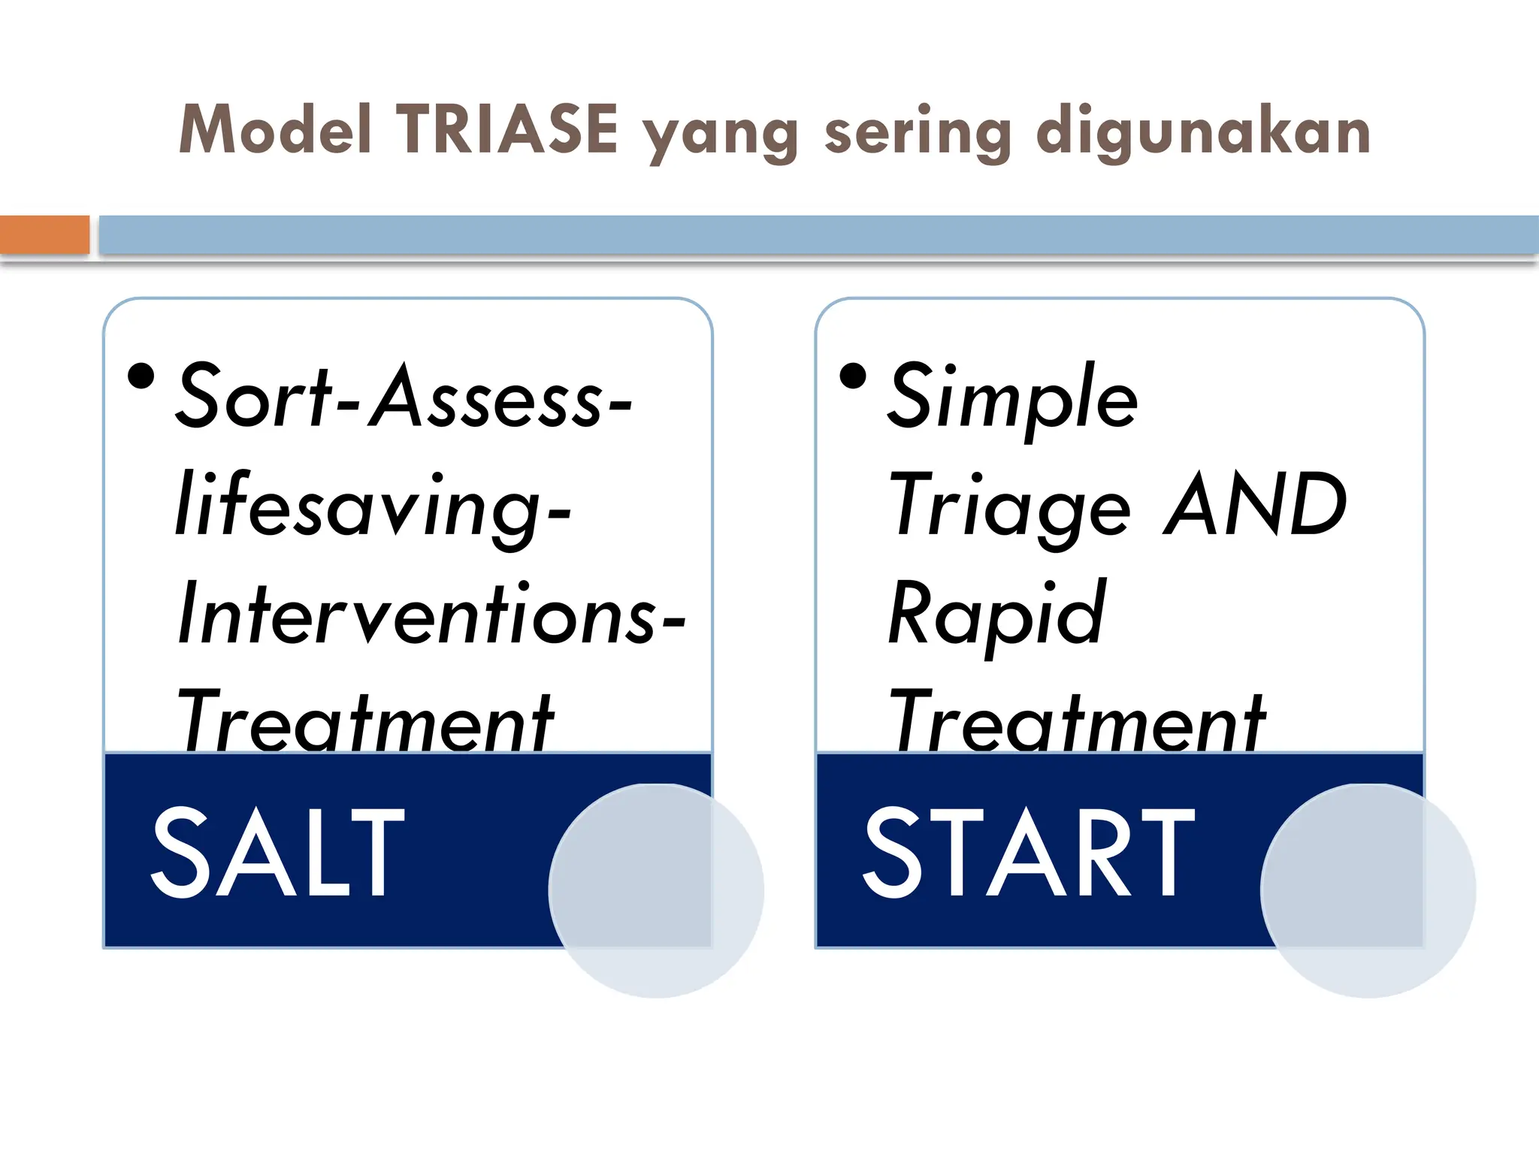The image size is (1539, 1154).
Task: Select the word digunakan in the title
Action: [1203, 134]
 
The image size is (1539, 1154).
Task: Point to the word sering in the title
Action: [918, 134]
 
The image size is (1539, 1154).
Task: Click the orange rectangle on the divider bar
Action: [44, 234]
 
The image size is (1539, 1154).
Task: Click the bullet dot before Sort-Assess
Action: [141, 376]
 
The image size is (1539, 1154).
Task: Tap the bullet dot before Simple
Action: [853, 376]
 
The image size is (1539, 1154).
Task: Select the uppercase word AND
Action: [1256, 505]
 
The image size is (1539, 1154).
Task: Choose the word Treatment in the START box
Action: [1077, 721]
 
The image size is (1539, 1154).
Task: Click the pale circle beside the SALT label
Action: [656, 890]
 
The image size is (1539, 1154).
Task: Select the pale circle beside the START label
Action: [1368, 890]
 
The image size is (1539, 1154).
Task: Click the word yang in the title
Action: [721, 135]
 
